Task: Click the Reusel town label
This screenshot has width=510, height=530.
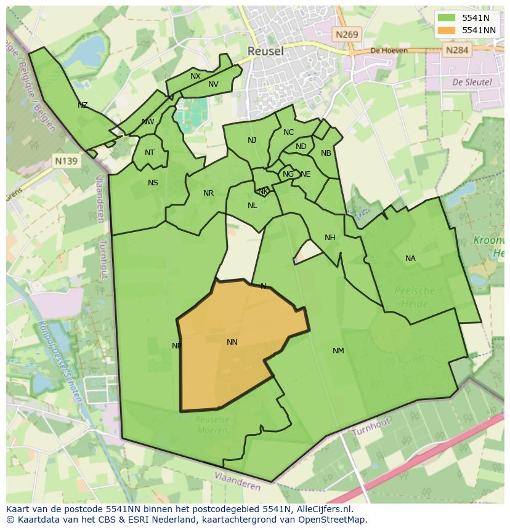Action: click(x=265, y=51)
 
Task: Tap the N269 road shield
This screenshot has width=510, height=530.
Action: click(x=347, y=35)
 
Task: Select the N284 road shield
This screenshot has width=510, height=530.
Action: click(x=457, y=50)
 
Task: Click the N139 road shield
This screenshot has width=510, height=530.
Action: click(x=66, y=161)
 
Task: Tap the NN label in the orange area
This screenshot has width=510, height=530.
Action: click(x=232, y=342)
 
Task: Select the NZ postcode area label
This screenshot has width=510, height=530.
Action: click(x=83, y=105)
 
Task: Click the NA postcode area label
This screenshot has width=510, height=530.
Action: click(x=410, y=259)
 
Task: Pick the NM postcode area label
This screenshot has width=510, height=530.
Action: click(x=338, y=351)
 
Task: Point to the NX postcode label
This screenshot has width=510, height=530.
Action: click(x=195, y=76)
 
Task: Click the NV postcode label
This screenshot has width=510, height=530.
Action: click(x=213, y=84)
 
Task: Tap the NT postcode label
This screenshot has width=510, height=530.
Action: click(x=150, y=153)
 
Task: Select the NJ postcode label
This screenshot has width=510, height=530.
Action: click(x=252, y=140)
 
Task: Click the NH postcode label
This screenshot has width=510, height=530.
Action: click(x=330, y=238)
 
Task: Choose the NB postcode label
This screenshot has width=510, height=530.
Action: click(x=326, y=153)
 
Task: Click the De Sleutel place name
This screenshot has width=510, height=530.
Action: click(x=472, y=81)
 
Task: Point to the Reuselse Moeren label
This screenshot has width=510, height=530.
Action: click(x=212, y=424)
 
